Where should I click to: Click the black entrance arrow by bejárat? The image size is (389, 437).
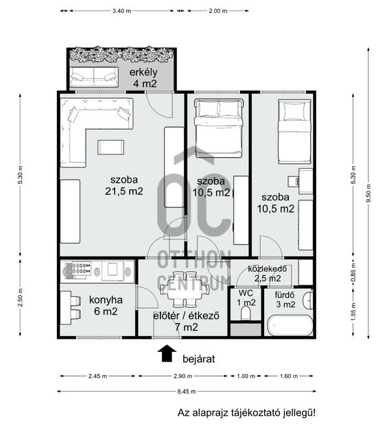point(167,353)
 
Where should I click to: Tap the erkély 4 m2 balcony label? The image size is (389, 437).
point(144,78)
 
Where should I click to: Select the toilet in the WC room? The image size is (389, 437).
point(246,314)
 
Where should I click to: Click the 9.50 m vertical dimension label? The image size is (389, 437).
point(368,193)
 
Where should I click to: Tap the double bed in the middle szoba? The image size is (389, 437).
point(219,128)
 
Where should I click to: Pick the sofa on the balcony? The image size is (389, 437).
point(93,77)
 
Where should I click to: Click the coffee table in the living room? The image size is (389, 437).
point(110,147)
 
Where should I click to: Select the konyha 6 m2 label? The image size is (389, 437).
point(106,305)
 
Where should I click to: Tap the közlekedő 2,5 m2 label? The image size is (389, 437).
point(268,274)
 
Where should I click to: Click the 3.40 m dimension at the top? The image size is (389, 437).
point(121,11)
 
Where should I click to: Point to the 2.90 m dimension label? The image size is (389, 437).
point(182,376)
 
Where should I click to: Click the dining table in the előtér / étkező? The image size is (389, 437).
point(184,289)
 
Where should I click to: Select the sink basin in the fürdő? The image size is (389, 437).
point(308,300)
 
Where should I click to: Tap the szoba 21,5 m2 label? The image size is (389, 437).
point(124,185)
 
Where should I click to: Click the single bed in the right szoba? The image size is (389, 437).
point(295,131)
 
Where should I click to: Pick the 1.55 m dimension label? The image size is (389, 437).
point(353,311)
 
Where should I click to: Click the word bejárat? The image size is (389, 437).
point(199,359)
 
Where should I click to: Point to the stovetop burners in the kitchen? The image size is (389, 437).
point(82,268)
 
